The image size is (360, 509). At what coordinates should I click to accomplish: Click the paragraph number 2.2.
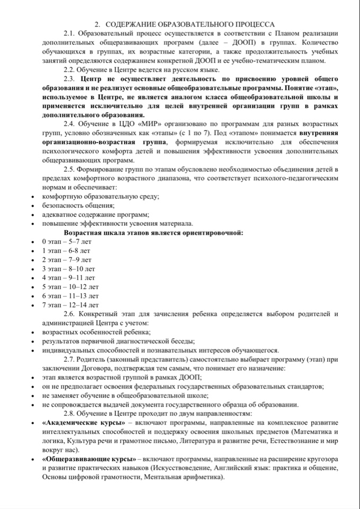pos(71,70)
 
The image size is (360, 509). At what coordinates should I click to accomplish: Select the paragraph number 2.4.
pos(71,124)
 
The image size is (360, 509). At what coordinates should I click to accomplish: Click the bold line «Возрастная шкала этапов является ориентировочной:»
pos(154,232)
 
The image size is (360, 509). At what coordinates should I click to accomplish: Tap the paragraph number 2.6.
pos(71,314)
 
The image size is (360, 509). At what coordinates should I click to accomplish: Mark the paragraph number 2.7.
pos(71,359)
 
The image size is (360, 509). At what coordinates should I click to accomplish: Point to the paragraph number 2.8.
pos(71,413)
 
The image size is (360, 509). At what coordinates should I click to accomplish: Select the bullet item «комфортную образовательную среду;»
pos(101,196)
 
